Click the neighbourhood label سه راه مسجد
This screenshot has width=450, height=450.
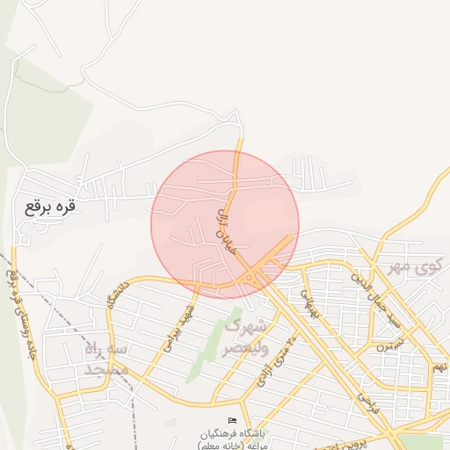point(105,359)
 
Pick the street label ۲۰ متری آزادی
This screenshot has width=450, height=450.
point(276,360)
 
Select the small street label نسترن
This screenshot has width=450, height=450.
point(387,345)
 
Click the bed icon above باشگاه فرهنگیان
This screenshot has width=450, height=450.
point(232,423)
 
